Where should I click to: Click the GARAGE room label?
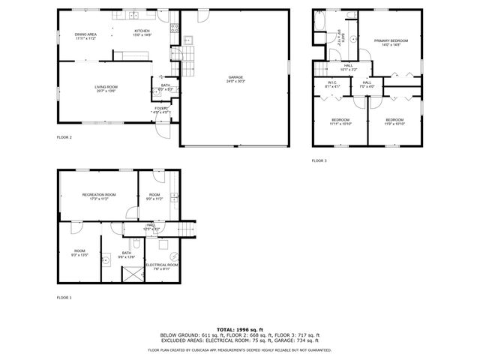235,76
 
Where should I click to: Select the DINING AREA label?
85,34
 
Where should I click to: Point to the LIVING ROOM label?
106,87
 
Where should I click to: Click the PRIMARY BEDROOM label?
392,41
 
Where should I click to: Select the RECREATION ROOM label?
99,195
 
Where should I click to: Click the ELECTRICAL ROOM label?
161,265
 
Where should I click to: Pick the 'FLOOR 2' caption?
64,137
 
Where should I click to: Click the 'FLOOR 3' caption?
319,160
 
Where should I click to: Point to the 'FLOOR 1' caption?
64,298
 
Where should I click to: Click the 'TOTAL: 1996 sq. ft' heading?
240,329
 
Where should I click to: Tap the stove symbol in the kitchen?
174,28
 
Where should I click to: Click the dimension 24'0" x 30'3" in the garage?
235,81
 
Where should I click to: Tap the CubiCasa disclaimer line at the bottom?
240,349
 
